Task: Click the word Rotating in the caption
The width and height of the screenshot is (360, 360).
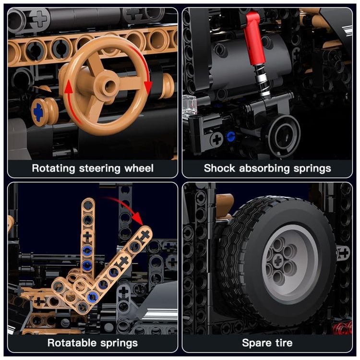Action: coord(53,168)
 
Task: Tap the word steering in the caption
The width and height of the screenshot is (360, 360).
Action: coord(100,168)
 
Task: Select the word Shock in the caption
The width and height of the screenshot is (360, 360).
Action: coord(219,168)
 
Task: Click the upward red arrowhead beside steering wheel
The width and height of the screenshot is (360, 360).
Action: coord(68,87)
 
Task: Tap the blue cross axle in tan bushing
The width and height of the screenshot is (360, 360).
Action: coord(38,112)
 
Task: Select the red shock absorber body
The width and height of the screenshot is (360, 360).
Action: coord(254,39)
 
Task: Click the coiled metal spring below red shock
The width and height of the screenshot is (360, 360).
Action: coord(262,80)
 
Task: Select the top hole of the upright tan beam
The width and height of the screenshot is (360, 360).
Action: coord(87,205)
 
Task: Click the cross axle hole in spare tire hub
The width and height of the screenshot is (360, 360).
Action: coord(278,261)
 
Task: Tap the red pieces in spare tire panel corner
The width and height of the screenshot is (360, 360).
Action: coord(342,328)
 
